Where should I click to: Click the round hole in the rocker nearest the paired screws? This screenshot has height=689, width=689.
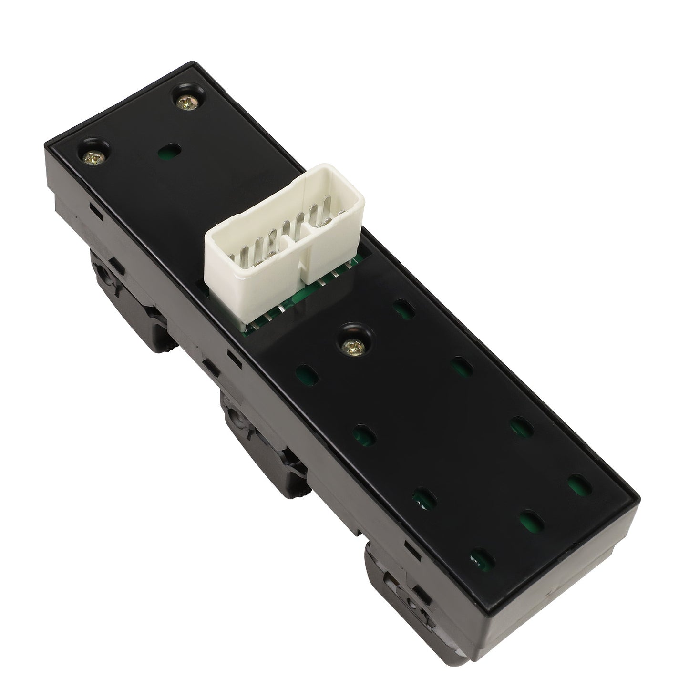[x=103, y=272]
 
